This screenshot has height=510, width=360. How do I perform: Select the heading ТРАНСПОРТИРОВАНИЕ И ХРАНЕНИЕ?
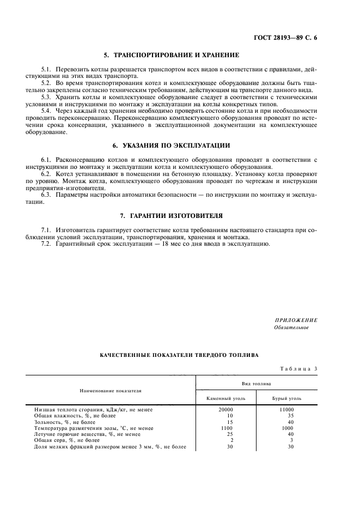pos(172,56)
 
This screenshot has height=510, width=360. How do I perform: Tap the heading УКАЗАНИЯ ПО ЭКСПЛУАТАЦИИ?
pos(172,145)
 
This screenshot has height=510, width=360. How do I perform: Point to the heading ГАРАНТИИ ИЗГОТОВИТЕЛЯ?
pos(172,216)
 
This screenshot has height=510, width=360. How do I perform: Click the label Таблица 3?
pos(298,369)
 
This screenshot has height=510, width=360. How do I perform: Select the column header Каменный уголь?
pos(226,399)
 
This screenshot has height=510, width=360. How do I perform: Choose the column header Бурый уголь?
pos(286,399)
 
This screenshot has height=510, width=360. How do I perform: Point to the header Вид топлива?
pos(257,384)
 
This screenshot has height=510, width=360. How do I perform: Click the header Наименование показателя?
pos(111,391)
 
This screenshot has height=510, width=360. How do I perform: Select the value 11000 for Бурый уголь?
pos(286,409)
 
